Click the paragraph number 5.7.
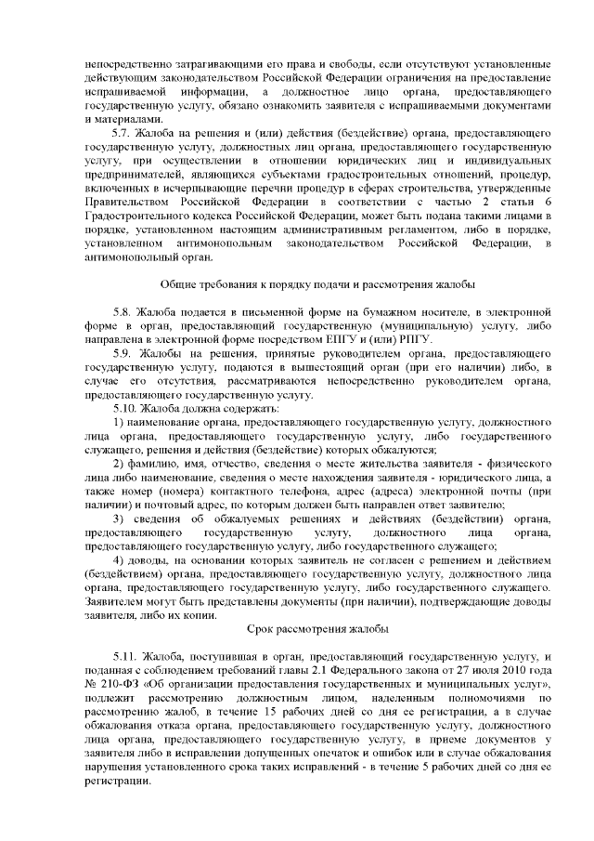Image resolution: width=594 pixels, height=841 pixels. point(121,135)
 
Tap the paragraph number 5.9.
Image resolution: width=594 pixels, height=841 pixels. point(121,354)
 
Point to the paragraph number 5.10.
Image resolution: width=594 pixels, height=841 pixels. point(123,407)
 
